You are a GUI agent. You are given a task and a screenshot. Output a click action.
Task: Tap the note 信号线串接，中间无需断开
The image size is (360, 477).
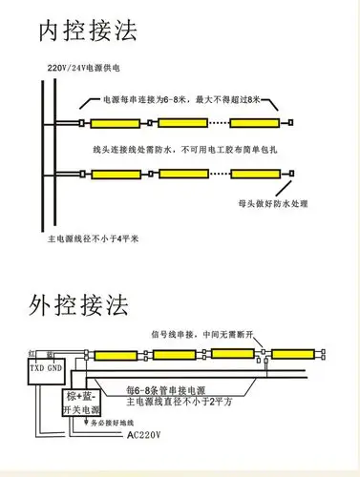(x=203, y=333)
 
